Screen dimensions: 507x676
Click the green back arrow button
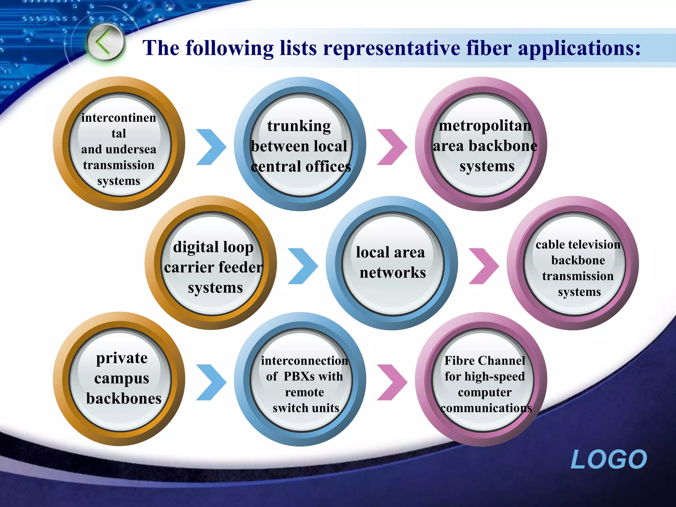coord(105,43)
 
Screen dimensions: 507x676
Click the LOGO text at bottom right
coord(609,459)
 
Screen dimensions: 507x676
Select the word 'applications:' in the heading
coord(580,48)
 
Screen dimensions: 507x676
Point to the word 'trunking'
coord(299,126)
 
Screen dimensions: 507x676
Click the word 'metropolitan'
coord(485,126)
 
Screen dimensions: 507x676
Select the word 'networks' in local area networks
coord(392,273)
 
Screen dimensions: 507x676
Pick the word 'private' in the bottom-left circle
coord(122,358)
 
